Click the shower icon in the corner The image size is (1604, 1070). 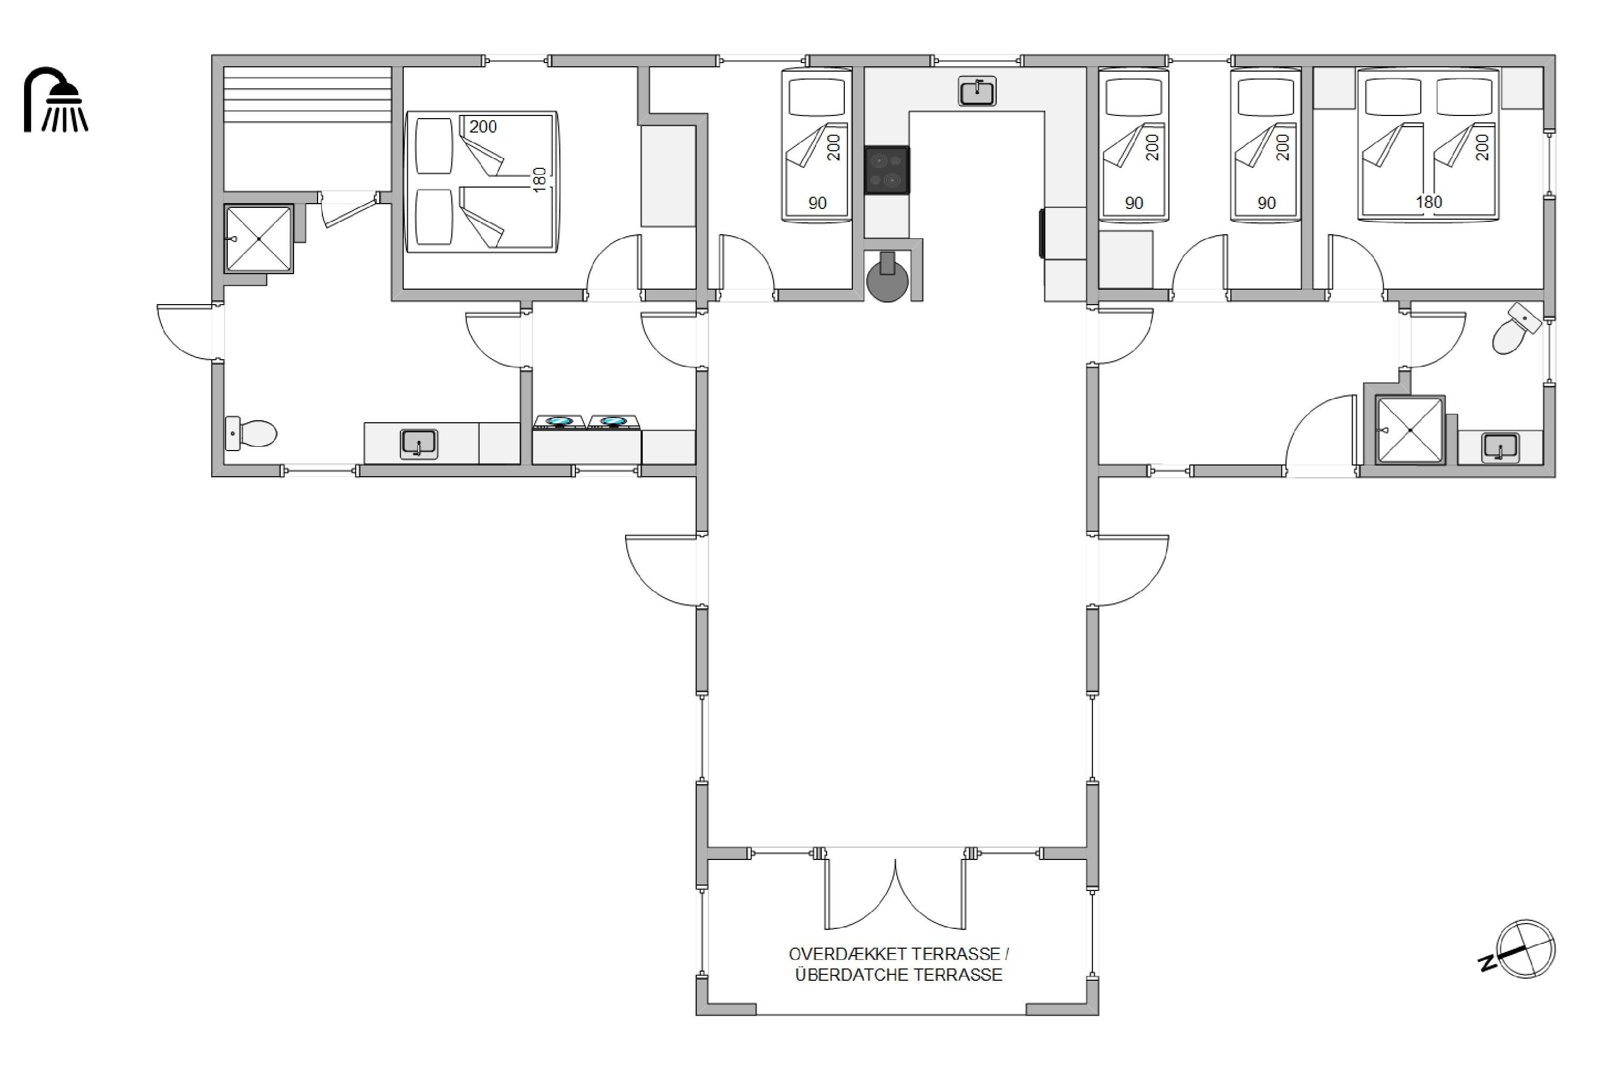pos(56,99)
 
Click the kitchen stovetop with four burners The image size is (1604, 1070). pos(886,170)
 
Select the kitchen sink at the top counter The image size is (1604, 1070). pos(977,91)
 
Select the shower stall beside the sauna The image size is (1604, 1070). pos(259,239)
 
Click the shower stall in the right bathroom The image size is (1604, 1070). pos(1410,430)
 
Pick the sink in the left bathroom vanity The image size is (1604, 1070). pos(419,444)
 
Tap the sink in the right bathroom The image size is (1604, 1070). pos(1500,448)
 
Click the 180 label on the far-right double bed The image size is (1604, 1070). pos(1429,202)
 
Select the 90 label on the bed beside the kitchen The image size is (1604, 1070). pos(817,203)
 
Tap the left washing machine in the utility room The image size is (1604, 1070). pos(559,422)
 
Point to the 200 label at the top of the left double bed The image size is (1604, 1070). pos(483,126)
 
